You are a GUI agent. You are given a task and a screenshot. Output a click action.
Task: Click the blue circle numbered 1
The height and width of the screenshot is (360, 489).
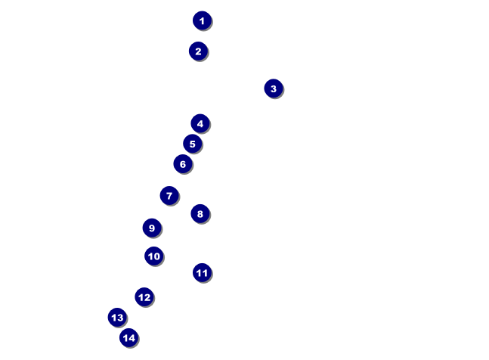click(202, 20)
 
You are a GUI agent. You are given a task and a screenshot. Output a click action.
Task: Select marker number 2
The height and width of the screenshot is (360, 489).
click(198, 51)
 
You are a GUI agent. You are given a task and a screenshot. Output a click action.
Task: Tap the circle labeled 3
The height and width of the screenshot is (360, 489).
click(274, 88)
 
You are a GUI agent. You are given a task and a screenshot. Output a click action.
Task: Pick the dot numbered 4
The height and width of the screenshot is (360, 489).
click(200, 123)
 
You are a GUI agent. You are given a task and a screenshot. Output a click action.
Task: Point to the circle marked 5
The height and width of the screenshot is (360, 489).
click(193, 144)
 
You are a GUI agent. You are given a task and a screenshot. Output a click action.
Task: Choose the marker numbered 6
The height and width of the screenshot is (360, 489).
click(183, 164)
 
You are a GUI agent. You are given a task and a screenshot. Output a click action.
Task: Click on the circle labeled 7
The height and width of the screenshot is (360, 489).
click(169, 196)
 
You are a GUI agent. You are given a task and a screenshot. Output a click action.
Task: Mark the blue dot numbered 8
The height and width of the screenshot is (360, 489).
click(200, 214)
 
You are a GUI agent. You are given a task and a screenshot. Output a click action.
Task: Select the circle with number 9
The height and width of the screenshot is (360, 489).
click(152, 228)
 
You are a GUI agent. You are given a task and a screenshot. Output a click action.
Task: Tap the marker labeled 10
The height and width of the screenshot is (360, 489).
click(153, 256)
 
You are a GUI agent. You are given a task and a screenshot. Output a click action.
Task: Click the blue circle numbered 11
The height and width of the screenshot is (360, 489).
click(202, 273)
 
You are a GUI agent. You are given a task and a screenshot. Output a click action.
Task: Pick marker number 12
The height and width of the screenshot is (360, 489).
click(144, 297)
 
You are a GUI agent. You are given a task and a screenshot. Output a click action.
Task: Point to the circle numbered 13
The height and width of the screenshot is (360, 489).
click(117, 317)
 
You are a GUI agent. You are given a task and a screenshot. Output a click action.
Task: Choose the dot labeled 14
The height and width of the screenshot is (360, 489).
click(128, 337)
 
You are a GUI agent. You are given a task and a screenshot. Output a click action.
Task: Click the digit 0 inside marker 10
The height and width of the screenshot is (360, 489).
click(156, 256)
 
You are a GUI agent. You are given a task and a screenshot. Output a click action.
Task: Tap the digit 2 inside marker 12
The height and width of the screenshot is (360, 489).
click(147, 297)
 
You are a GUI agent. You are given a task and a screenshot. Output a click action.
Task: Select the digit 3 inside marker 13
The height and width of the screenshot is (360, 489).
click(120, 318)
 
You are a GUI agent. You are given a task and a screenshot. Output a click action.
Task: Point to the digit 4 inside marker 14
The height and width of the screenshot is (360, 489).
click(132, 338)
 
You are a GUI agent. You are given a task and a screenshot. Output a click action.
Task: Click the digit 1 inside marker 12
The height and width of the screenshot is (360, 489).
click(141, 297)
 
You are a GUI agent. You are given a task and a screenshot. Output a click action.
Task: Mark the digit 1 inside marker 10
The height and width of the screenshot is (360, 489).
click(150, 256)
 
